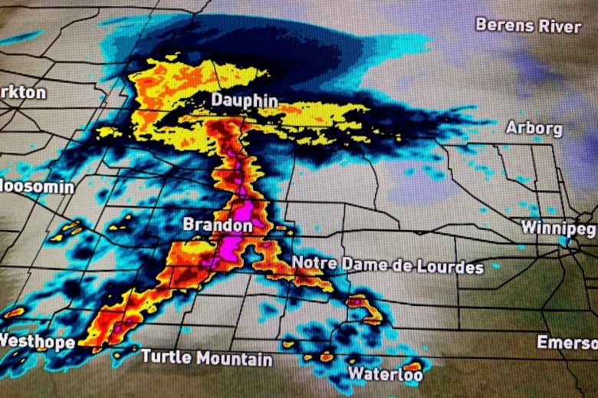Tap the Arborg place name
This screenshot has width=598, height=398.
(534, 128)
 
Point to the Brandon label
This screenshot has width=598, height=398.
(217, 225)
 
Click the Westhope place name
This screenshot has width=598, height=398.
(37, 341)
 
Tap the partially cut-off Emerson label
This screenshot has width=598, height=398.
(567, 342)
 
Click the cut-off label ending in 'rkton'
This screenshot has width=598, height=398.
(23, 92)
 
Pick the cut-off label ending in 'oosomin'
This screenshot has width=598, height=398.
(37, 186)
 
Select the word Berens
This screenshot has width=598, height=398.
(503, 25)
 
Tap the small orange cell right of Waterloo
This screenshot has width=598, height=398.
(413, 366)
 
